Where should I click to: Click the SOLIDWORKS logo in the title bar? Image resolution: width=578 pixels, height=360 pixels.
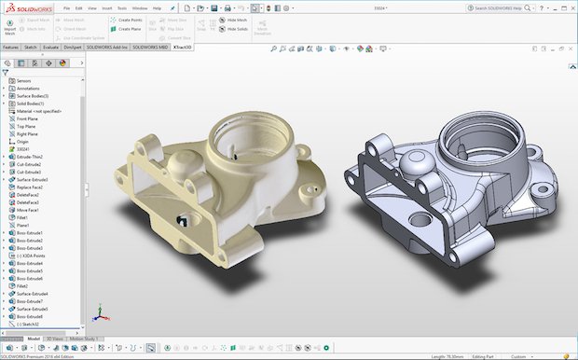(x=27, y=7)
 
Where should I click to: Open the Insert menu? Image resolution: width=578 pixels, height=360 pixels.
(x=108, y=7)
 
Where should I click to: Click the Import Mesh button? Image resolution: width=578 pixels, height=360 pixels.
(x=10, y=26)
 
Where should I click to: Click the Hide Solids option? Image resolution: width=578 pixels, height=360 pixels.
(x=235, y=29)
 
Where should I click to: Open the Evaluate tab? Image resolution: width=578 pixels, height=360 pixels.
(x=50, y=47)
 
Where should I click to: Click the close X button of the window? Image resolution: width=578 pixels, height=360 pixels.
(x=571, y=7)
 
